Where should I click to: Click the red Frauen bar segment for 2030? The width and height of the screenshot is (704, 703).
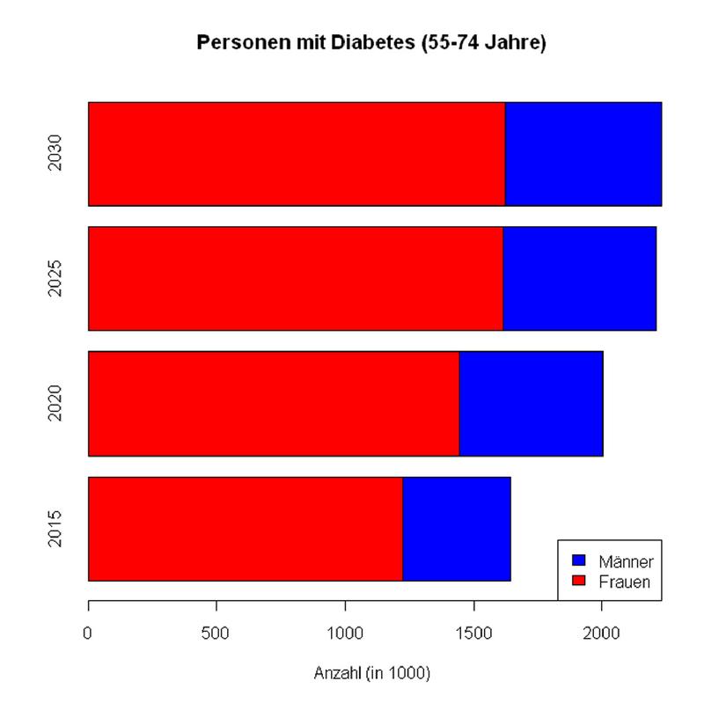click(297, 154)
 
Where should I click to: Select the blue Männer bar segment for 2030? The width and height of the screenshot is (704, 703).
click(583, 154)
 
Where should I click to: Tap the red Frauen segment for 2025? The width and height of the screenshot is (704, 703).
click(296, 279)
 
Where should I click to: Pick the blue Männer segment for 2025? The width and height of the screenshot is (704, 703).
click(579, 279)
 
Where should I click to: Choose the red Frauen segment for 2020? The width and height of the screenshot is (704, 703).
click(274, 404)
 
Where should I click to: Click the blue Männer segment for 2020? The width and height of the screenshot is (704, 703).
click(531, 404)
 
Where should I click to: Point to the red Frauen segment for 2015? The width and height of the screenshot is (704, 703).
click(246, 529)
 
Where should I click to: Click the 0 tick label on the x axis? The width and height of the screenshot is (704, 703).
click(88, 632)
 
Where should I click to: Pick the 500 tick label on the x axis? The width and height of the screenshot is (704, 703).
click(216, 632)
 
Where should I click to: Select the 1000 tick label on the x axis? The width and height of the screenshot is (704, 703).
click(345, 632)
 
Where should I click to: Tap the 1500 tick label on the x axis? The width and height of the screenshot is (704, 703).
click(473, 632)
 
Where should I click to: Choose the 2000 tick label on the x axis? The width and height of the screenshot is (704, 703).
click(602, 632)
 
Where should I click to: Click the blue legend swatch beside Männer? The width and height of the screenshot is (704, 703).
click(578, 560)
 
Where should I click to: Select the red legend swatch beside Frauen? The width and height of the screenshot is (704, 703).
click(578, 581)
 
